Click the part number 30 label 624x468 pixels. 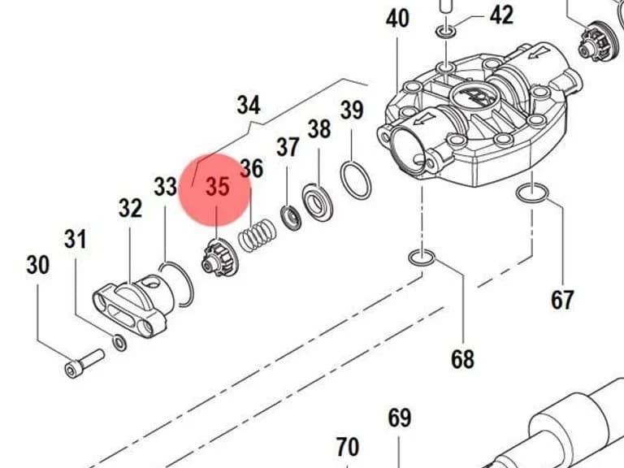point(38,265)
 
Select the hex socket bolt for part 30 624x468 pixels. point(84,363)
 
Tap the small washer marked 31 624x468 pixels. point(119,343)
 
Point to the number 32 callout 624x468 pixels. point(130,208)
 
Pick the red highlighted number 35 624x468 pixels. point(218,186)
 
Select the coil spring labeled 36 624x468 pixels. point(257,235)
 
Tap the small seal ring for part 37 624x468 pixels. point(292,219)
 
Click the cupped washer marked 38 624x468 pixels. point(317,202)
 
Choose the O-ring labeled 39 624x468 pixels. point(355,180)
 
